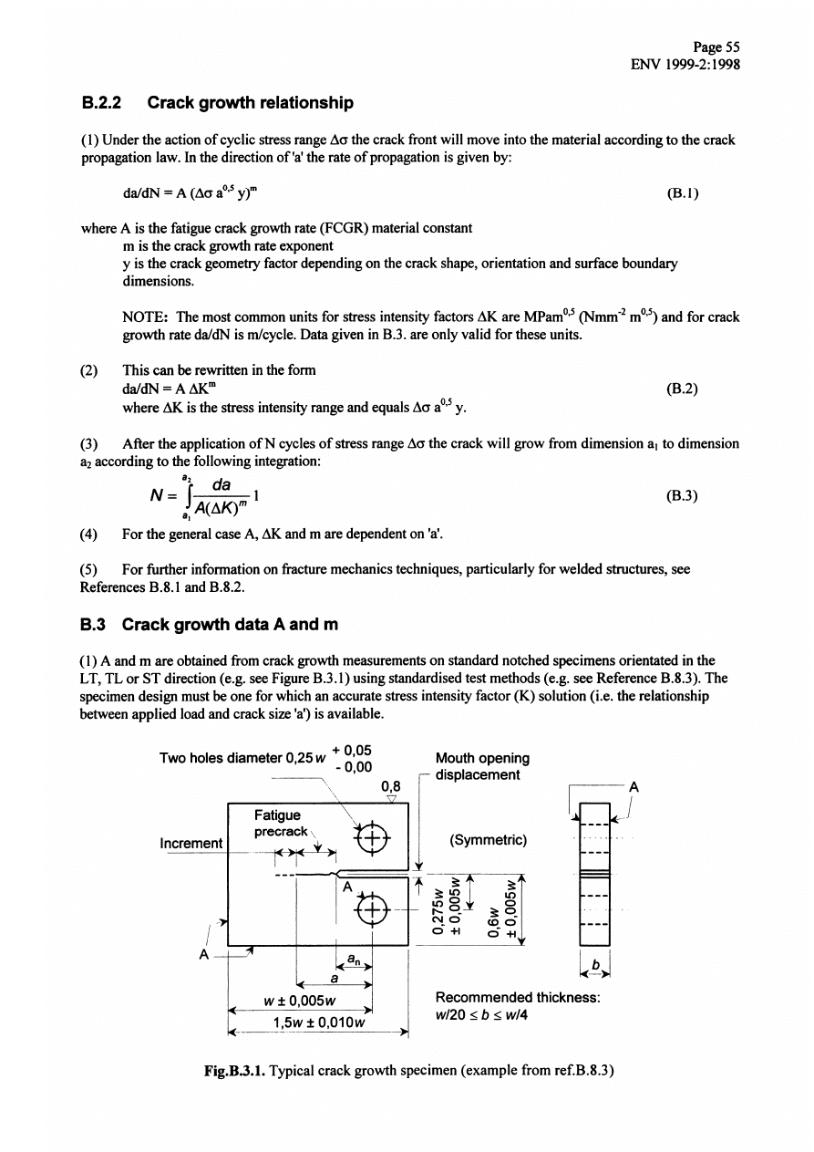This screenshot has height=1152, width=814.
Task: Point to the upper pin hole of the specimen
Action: [x=373, y=838]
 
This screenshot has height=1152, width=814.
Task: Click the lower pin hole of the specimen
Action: [x=373, y=908]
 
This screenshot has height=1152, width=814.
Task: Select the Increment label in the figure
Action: [x=191, y=844]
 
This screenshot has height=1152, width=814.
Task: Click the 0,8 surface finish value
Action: [x=391, y=784]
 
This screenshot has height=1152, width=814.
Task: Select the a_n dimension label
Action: [x=354, y=959]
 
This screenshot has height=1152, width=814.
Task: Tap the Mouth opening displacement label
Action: [x=482, y=766]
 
